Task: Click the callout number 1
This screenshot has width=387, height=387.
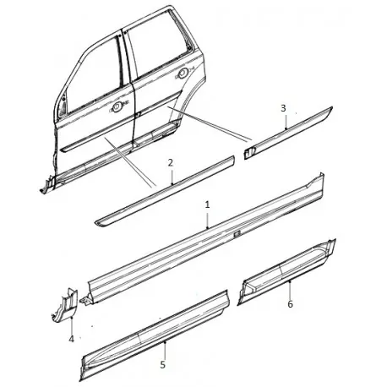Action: point(208,204)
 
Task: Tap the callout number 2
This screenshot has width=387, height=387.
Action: point(171,161)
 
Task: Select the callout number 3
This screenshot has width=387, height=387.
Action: point(283,108)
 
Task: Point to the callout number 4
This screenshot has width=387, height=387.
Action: point(71,340)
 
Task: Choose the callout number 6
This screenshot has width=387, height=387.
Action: point(290,303)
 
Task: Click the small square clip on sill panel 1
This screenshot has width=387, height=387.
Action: point(237,232)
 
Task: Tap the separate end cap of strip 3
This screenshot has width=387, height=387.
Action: point(249,150)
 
